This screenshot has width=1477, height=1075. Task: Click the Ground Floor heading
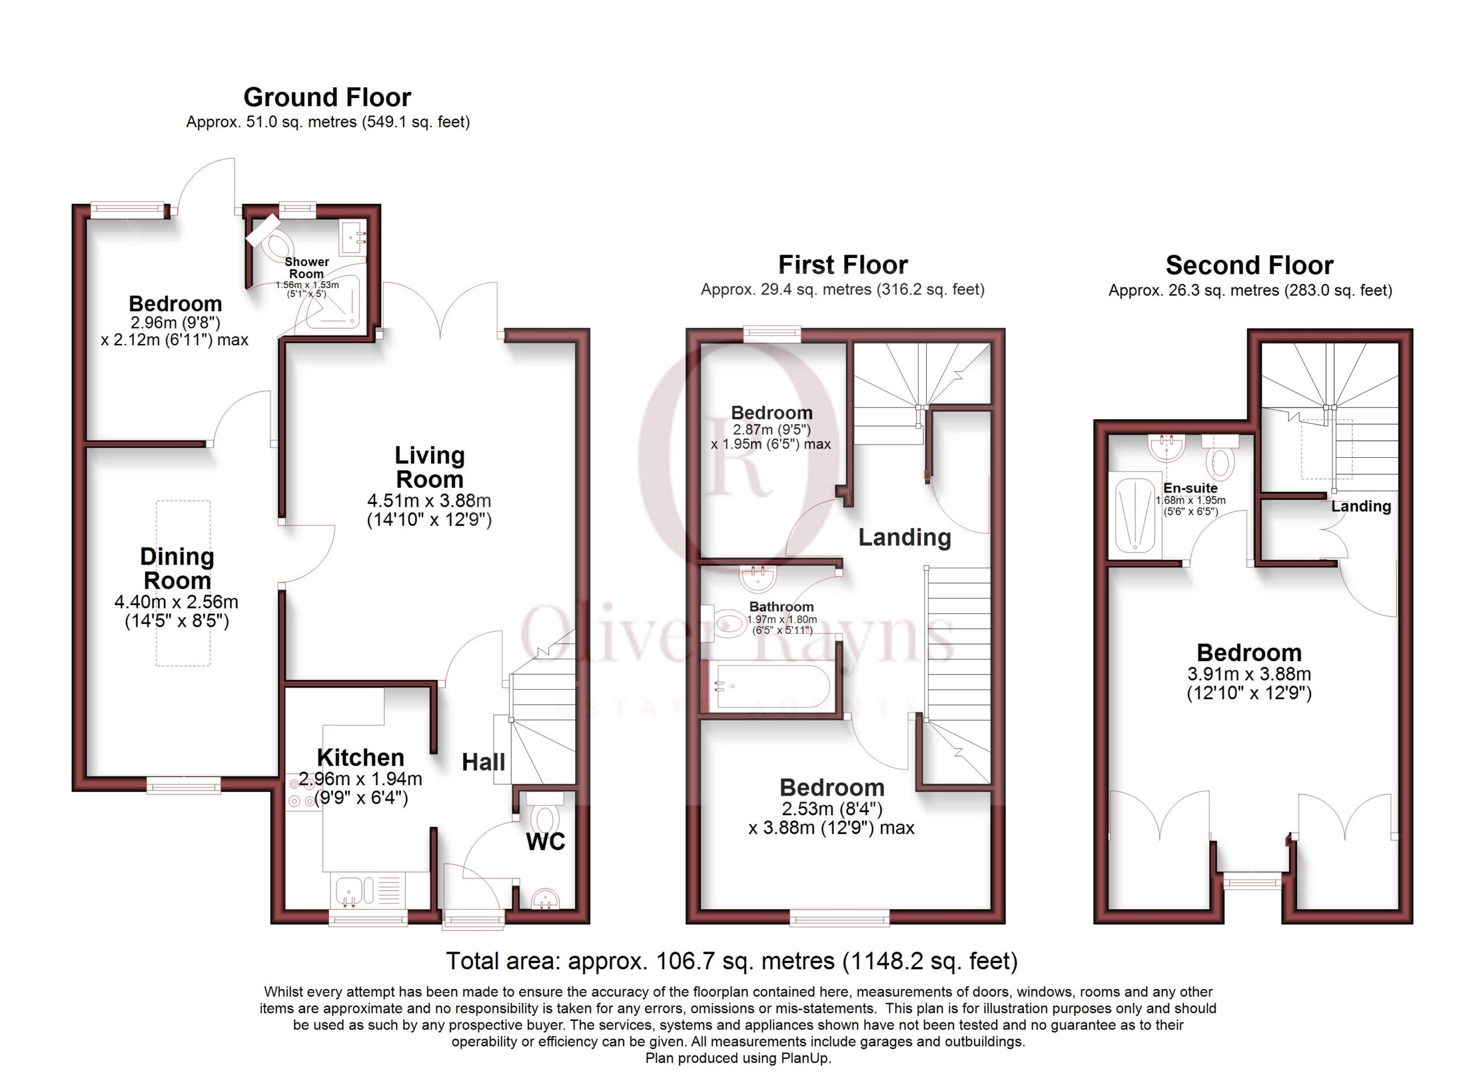pos(327,98)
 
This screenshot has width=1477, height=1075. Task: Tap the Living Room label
pos(430,467)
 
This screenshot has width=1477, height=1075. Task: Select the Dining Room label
pos(177,568)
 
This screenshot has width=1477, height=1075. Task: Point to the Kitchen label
pos(360,757)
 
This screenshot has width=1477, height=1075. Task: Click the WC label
pos(545,842)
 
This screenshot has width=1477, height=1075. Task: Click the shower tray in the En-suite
pos(1135,515)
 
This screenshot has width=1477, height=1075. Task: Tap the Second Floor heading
pos(1249,265)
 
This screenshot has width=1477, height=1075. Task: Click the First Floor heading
pos(843,264)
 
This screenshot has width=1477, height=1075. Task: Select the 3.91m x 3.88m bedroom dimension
pos(1249,674)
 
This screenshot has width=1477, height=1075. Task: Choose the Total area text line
pos(732,961)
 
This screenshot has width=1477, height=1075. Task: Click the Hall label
pos(483,762)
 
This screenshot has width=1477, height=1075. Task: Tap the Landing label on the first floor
pos(905,537)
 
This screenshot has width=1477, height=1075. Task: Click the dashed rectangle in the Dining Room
pos(183,583)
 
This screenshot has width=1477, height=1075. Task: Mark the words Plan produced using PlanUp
pos(738,1058)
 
